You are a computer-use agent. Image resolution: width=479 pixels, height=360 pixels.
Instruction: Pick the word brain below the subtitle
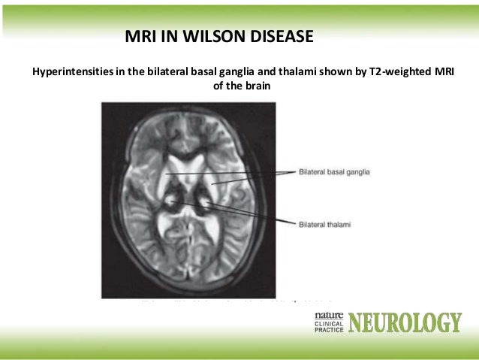pos(253,86)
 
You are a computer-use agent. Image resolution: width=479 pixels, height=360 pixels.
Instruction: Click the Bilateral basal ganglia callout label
pos(335,172)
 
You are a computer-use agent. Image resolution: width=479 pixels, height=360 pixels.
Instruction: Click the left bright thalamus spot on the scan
pos(174,202)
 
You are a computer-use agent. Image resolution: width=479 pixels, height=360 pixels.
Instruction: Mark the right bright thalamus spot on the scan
pos(203,202)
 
